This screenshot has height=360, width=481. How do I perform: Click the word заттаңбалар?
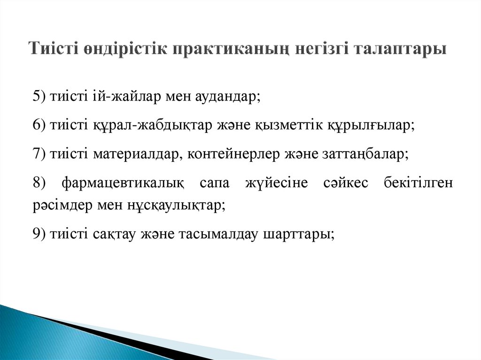tap(365, 154)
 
